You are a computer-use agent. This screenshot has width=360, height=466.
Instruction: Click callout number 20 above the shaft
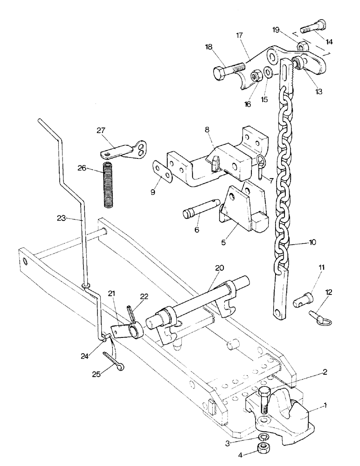coord(219,268)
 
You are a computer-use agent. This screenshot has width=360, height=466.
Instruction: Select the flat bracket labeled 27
coord(124,151)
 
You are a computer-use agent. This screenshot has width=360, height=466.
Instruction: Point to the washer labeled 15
coord(269,73)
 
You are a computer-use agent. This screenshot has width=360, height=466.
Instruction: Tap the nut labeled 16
coord(255,75)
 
